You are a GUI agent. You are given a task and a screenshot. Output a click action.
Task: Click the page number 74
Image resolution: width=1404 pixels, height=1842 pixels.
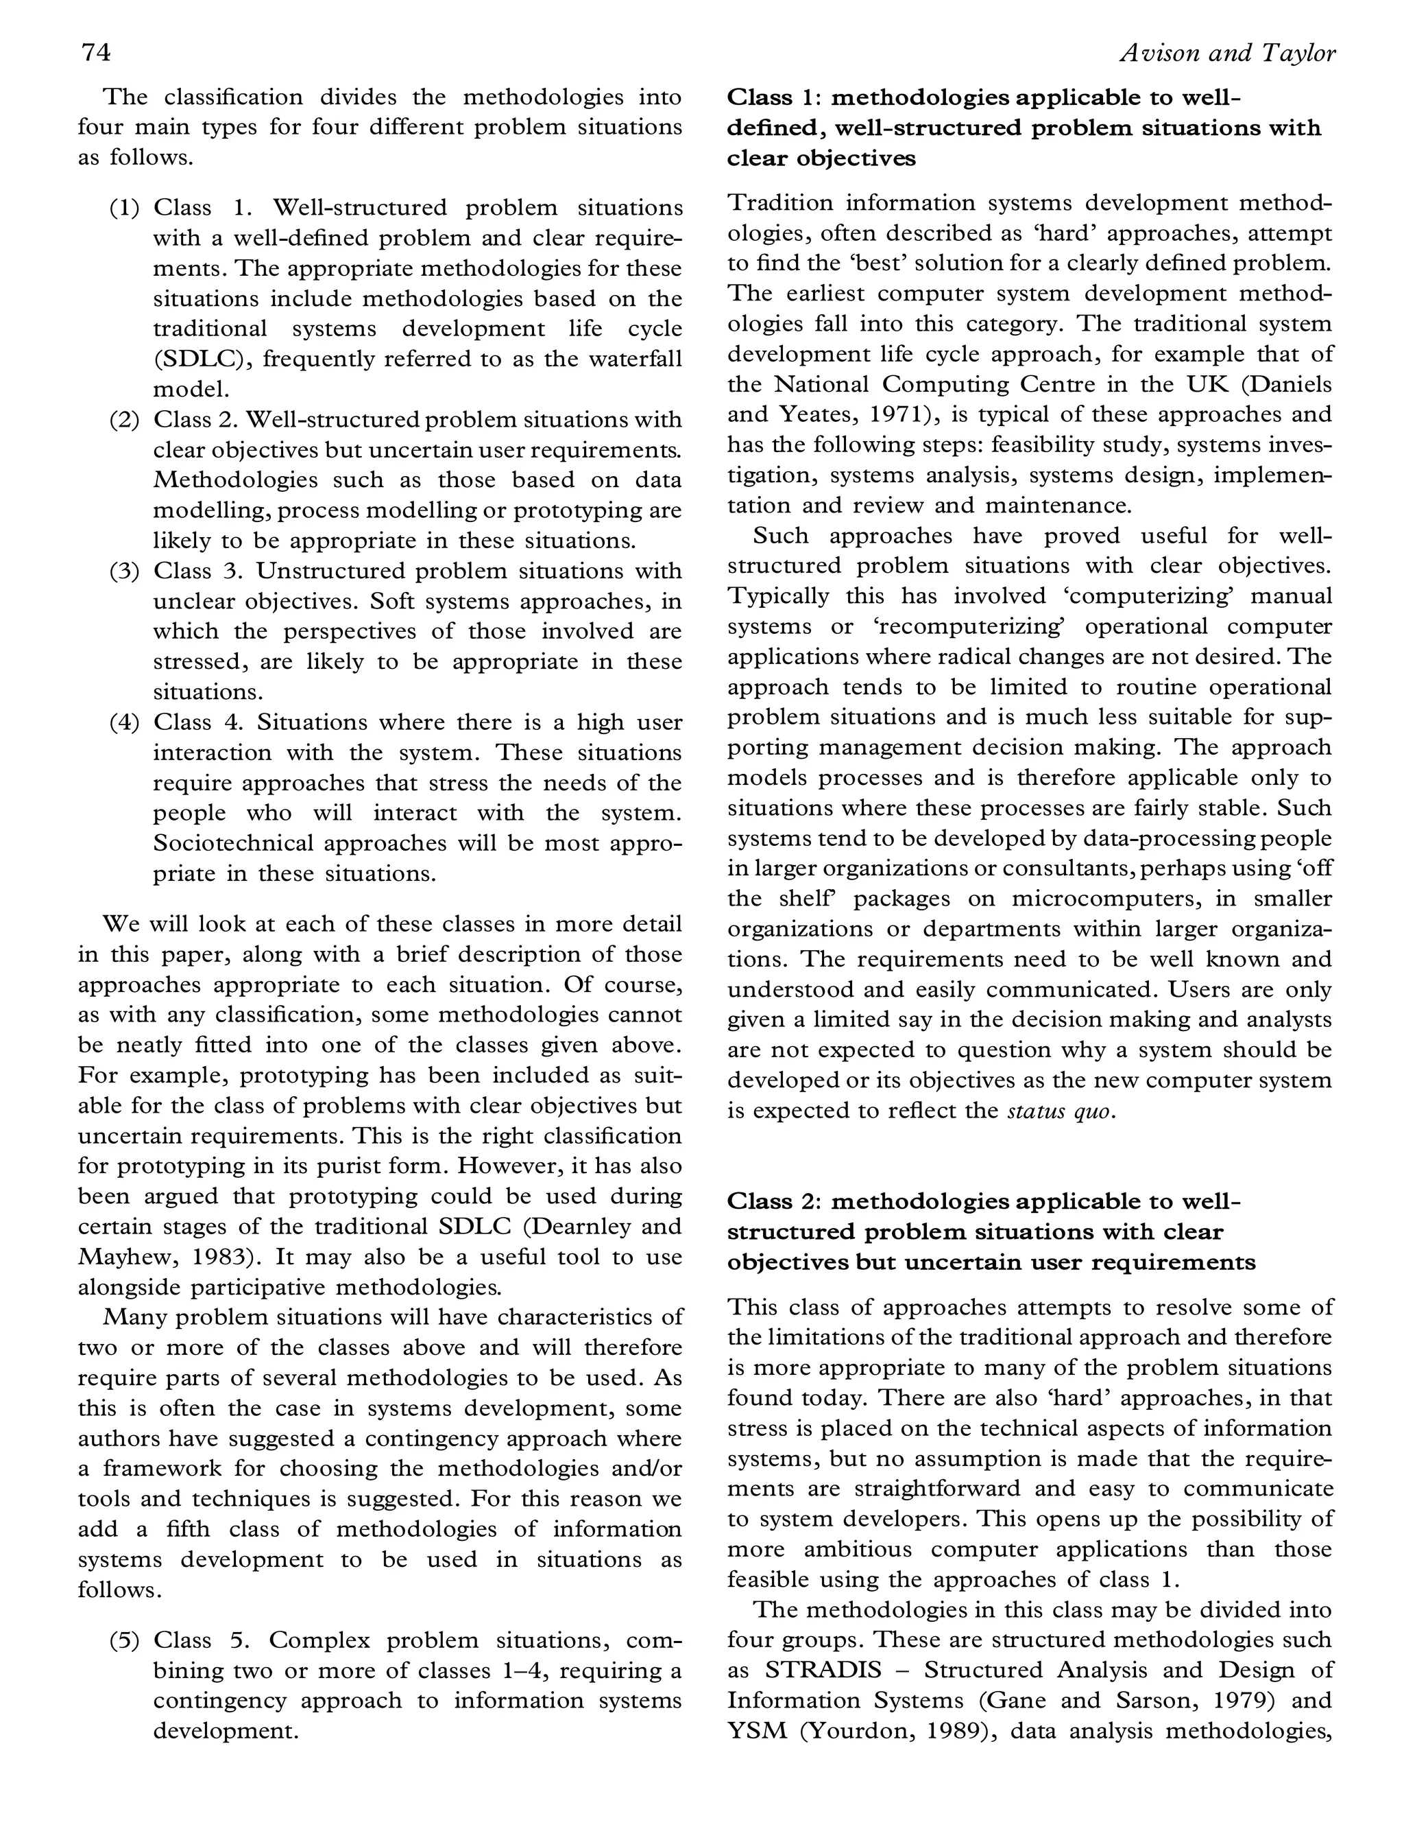pos(95,53)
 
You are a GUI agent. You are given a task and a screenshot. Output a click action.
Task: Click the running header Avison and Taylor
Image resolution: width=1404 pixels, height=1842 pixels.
pos(1227,54)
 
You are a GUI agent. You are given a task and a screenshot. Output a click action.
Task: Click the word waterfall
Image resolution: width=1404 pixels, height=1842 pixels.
pos(635,359)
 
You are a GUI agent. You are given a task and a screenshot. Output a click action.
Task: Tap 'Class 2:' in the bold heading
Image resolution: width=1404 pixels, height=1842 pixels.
pos(771,1201)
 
